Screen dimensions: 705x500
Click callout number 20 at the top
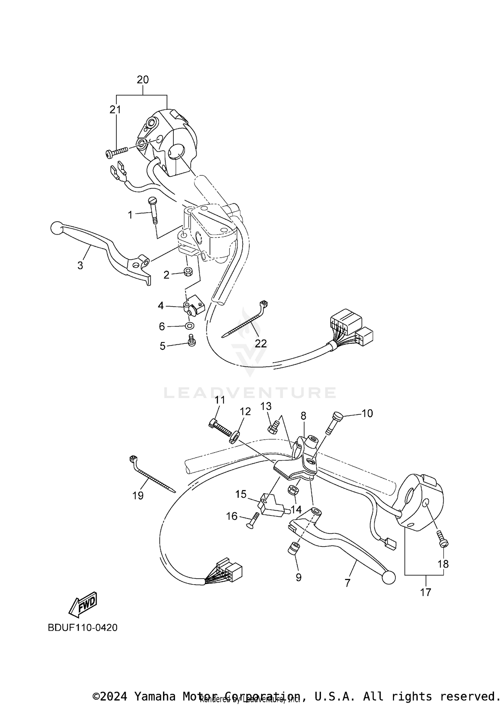click(x=143, y=80)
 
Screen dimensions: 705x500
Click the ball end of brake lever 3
click(x=56, y=228)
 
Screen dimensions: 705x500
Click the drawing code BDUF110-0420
click(x=82, y=628)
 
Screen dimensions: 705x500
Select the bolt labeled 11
click(x=220, y=427)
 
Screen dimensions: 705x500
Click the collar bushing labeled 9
click(x=294, y=548)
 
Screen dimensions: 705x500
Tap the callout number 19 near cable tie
click(x=138, y=496)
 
